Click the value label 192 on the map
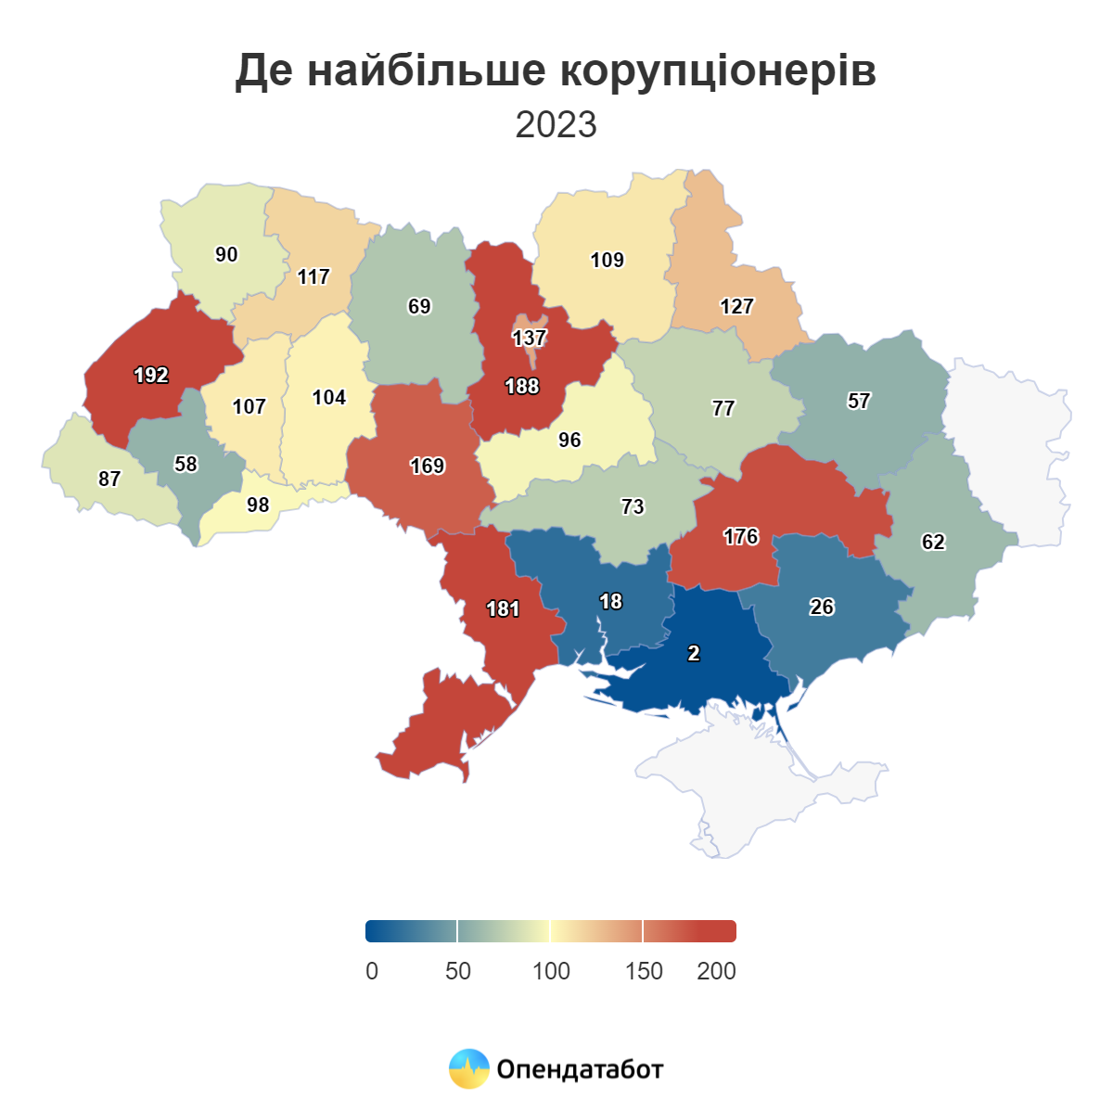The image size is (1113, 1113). [151, 376]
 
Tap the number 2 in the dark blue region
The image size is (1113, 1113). [694, 654]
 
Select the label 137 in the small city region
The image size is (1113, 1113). [529, 338]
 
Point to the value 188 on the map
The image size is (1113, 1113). [522, 386]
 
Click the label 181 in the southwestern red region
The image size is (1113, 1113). [503, 609]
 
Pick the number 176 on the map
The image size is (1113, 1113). [741, 537]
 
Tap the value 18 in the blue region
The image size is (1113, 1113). [610, 602]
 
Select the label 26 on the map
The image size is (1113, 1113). [822, 608]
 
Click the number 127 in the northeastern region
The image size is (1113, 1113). [737, 307]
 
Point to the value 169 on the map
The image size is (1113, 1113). [428, 467]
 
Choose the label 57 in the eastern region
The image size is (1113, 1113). [859, 402]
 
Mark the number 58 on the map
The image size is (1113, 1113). [186, 464]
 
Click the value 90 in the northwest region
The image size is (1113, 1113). [226, 255]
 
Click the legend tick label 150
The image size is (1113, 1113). [644, 971]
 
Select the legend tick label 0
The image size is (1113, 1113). [372, 971]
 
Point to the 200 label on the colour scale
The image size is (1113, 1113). [716, 971]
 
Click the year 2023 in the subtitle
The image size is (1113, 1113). [556, 124]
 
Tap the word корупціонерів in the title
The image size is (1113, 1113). [719, 70]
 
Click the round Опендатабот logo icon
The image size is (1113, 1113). [468, 1068]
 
